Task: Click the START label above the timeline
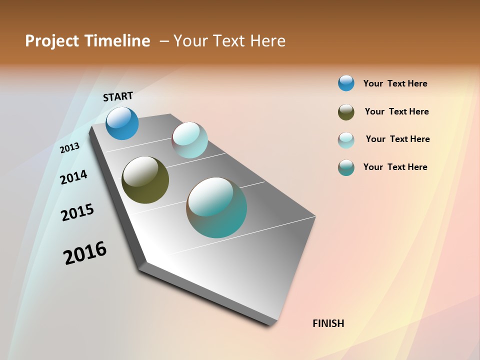point(118,96)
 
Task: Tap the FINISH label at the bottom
point(328,323)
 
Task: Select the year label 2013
point(69,147)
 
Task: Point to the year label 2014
point(73,177)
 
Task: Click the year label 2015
point(77,212)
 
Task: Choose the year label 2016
point(85,253)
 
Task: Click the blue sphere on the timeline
point(122,123)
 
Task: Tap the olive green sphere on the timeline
point(145,180)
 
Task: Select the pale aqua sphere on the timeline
point(189,140)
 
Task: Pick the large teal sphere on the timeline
point(216,207)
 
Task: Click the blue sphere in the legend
point(346,83)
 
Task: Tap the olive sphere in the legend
point(346,112)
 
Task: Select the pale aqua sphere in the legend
point(346,140)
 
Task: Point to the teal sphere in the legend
point(346,167)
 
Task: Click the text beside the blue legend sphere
point(395,83)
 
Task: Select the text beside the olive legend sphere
point(396,111)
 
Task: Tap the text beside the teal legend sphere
point(395,167)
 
